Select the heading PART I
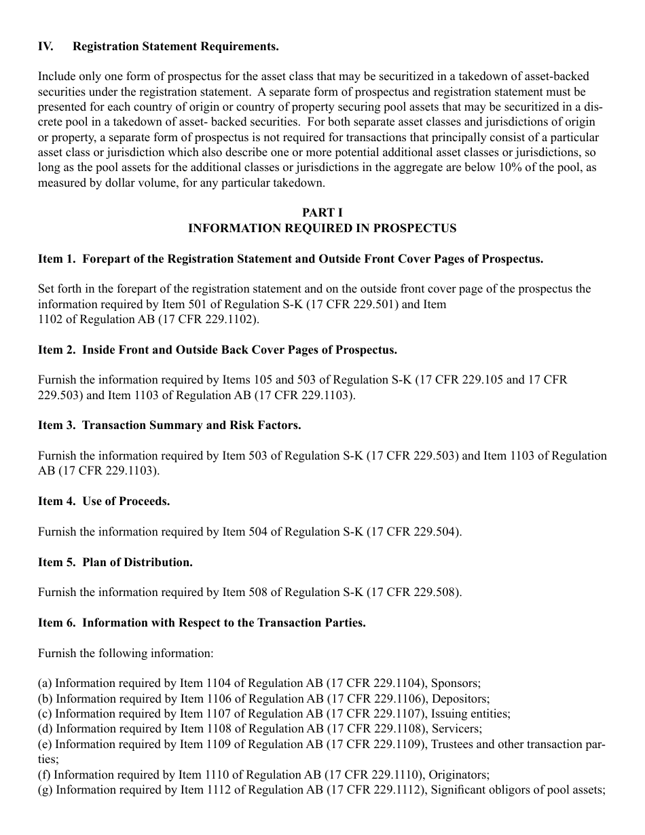click(322, 213)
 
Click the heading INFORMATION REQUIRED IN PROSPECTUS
click(322, 229)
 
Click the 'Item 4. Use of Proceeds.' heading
click(104, 501)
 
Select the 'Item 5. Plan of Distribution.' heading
click(115, 562)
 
